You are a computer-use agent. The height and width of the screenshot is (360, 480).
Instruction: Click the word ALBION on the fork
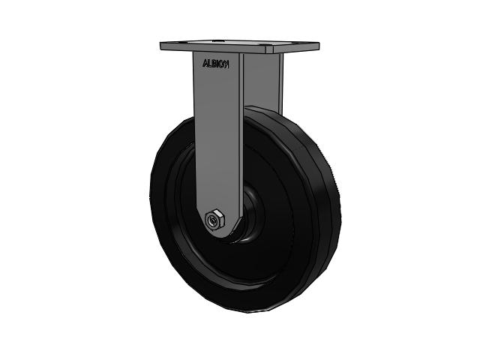click(x=215, y=64)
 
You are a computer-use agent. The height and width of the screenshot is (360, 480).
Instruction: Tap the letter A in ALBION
click(x=204, y=64)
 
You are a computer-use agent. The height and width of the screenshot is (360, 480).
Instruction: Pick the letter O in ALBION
click(x=222, y=64)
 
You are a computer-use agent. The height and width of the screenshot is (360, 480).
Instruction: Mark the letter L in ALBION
click(x=208, y=64)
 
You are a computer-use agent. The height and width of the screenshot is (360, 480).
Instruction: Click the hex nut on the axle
click(x=214, y=220)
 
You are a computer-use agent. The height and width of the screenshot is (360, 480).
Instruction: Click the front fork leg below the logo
click(x=219, y=135)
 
